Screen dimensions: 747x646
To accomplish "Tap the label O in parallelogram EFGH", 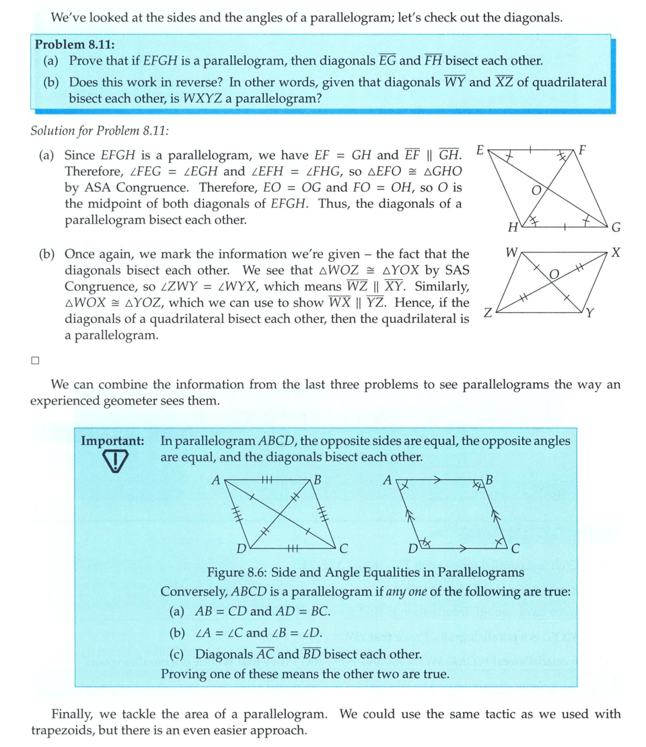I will pos(536,190).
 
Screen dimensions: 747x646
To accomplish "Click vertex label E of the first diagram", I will pos(479,148).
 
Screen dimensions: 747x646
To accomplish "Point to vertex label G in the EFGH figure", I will pos(615,229).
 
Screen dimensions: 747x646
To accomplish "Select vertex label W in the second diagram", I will pos(511,254).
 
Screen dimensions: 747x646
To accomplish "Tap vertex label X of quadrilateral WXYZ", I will pos(616,253).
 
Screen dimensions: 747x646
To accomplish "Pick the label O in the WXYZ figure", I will pos(554,274).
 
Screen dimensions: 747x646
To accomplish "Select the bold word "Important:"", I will pos(112,441).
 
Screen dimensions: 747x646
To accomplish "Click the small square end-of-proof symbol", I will pos(35,360).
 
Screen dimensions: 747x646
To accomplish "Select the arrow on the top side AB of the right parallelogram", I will pos(437,481).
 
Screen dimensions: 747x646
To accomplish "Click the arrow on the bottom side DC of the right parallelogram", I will pos(463,548).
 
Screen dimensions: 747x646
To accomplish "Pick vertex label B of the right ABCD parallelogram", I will pos(489,481).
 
